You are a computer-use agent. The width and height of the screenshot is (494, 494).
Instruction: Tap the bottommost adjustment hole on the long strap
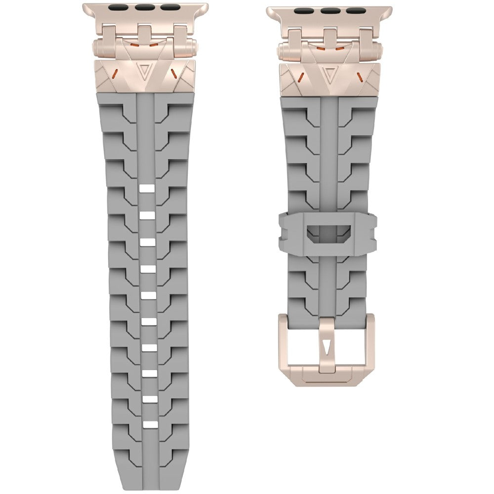(x=147, y=424)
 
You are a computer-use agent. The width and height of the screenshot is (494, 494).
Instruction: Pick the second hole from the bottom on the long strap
(x=147, y=398)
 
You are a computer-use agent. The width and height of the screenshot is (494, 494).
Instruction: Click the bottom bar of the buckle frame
(x=326, y=378)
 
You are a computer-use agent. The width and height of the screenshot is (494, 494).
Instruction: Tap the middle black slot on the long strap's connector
(x=144, y=8)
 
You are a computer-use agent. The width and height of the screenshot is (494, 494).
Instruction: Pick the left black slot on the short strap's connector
(x=303, y=10)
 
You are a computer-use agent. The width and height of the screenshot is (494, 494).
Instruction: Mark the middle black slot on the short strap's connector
(x=328, y=10)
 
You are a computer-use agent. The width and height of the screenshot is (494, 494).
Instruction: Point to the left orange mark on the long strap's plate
(x=114, y=74)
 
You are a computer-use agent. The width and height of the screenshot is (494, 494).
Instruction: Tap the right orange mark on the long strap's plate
(x=174, y=74)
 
